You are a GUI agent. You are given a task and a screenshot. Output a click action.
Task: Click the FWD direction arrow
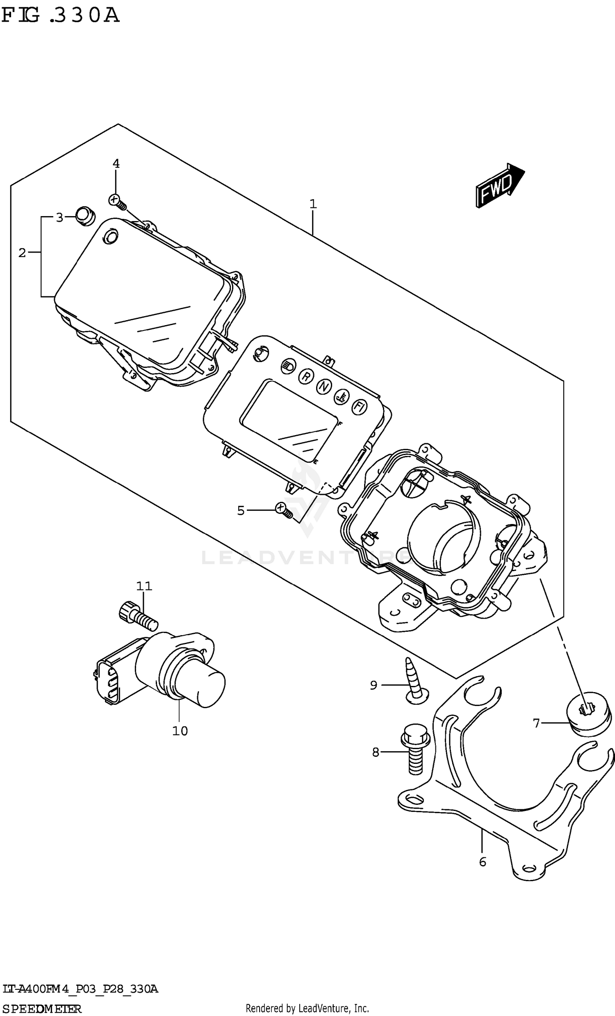click(499, 186)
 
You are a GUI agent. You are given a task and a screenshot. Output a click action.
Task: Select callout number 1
click(313, 204)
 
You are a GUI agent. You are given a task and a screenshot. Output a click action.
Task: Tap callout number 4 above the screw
click(116, 164)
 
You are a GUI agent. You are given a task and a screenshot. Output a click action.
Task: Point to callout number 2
click(22, 253)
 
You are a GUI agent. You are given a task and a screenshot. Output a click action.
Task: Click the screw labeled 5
click(284, 510)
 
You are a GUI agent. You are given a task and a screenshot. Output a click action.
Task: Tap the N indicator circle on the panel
click(324, 386)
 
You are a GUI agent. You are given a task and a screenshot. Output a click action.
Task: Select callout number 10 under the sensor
click(180, 731)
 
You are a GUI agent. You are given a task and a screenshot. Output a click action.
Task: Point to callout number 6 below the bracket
click(483, 861)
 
